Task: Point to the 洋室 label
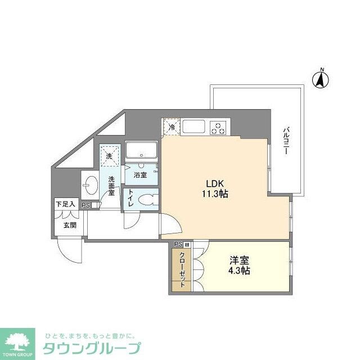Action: pyautogui.click(x=239, y=260)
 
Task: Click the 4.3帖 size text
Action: pyautogui.click(x=240, y=271)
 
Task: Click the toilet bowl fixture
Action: pyautogui.click(x=148, y=200)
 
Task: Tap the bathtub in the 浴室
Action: pyautogui.click(x=141, y=151)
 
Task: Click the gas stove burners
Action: pyautogui.click(x=218, y=128)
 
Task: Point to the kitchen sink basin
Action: pyautogui.click(x=192, y=127)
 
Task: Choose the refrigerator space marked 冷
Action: pyautogui.click(x=172, y=127)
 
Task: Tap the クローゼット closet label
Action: pyautogui.click(x=182, y=269)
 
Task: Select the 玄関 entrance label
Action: pyautogui.click(x=70, y=225)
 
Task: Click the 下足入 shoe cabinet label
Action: pyautogui.click(x=66, y=205)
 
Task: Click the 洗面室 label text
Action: pyautogui.click(x=111, y=186)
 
